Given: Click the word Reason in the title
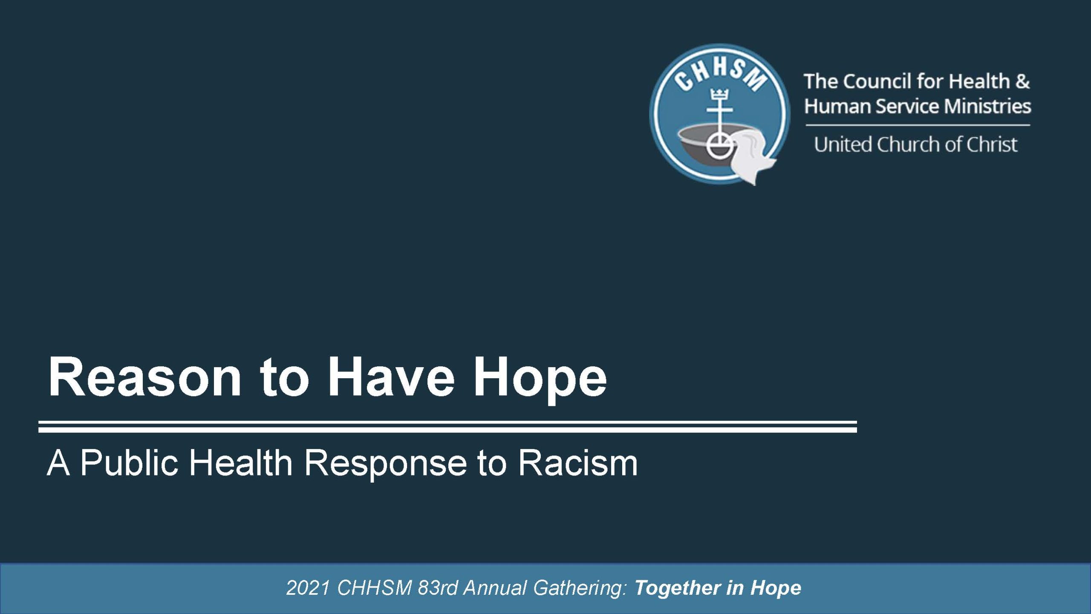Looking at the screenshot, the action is (x=145, y=377).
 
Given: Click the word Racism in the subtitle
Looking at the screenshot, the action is (x=578, y=463).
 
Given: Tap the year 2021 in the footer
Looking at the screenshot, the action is (x=308, y=588).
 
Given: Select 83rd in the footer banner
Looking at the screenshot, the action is (x=437, y=588).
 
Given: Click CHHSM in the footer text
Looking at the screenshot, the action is (x=374, y=588).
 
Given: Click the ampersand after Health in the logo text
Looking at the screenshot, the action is (x=1022, y=81).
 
